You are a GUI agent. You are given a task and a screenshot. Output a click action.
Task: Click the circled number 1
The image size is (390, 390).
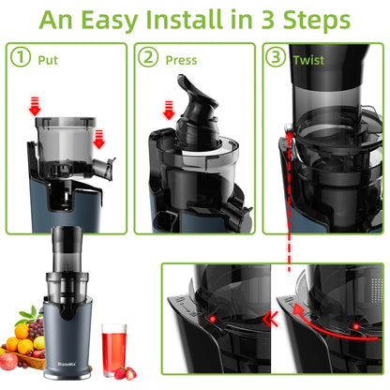tap(21, 58)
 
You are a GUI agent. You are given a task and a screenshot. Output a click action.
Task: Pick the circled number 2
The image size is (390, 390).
tap(148, 58)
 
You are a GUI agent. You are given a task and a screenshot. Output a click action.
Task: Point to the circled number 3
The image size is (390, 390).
tap(276, 58)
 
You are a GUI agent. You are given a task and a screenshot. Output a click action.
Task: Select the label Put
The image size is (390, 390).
tap(48, 58)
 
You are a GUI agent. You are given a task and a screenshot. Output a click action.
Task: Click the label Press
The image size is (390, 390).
tap(180, 58)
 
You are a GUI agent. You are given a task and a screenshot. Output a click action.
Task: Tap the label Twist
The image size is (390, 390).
tap(308, 58)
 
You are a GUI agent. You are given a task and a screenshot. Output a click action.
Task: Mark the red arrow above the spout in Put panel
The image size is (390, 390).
tap(100, 142)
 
